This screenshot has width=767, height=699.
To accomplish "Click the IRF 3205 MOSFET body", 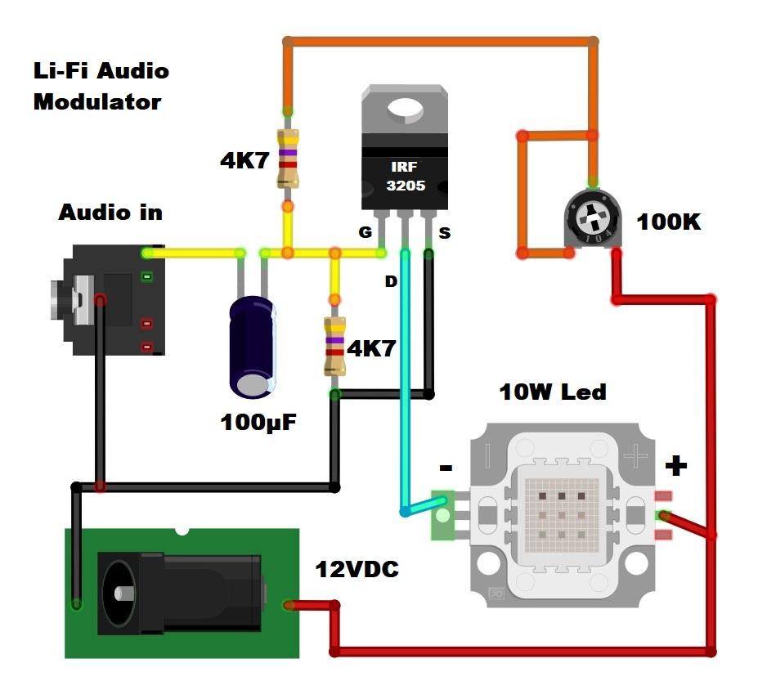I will (406, 176).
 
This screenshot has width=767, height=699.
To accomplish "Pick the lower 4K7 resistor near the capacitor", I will (334, 346).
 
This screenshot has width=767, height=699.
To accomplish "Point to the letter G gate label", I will (366, 233).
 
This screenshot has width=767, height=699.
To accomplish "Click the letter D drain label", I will (391, 281).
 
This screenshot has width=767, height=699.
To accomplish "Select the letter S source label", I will (444, 233).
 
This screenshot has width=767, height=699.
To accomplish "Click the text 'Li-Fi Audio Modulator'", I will (100, 86).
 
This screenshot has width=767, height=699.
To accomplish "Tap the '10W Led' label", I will (553, 392).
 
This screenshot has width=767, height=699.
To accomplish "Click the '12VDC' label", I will (357, 569).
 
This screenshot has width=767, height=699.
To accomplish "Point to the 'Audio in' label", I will (110, 213).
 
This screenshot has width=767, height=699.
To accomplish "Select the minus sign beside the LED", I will (446, 468).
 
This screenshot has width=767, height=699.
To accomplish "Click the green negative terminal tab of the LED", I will (442, 515).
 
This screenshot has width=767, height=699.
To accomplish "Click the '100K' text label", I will (668, 222).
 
